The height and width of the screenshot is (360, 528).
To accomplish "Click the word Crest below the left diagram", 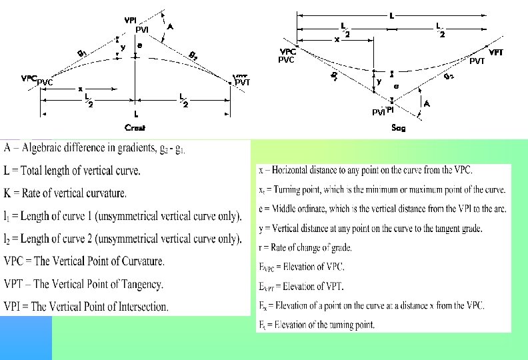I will pos(135,127).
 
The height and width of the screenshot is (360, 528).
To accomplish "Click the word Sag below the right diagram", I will pos(398,129).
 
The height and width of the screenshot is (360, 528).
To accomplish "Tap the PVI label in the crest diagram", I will pos(141,30).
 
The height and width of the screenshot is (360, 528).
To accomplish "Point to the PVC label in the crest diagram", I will pos(45,83).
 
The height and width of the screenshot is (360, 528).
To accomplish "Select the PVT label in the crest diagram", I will pos(243,83).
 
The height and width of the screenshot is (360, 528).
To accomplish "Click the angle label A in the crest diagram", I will pos(171,27).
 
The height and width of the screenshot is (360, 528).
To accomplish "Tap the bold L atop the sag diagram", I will pos(391,15).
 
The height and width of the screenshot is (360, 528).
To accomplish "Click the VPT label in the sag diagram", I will pos(496,52).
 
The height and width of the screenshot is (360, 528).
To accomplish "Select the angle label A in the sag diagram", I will pos(427,103).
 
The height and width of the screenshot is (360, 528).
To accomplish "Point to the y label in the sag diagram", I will pos(379,81).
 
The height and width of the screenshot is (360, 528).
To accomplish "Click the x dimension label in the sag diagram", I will pos(337,40).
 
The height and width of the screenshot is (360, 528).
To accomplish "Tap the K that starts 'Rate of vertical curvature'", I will pos(7,193).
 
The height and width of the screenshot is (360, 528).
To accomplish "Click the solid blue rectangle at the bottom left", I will pos(25,337).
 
